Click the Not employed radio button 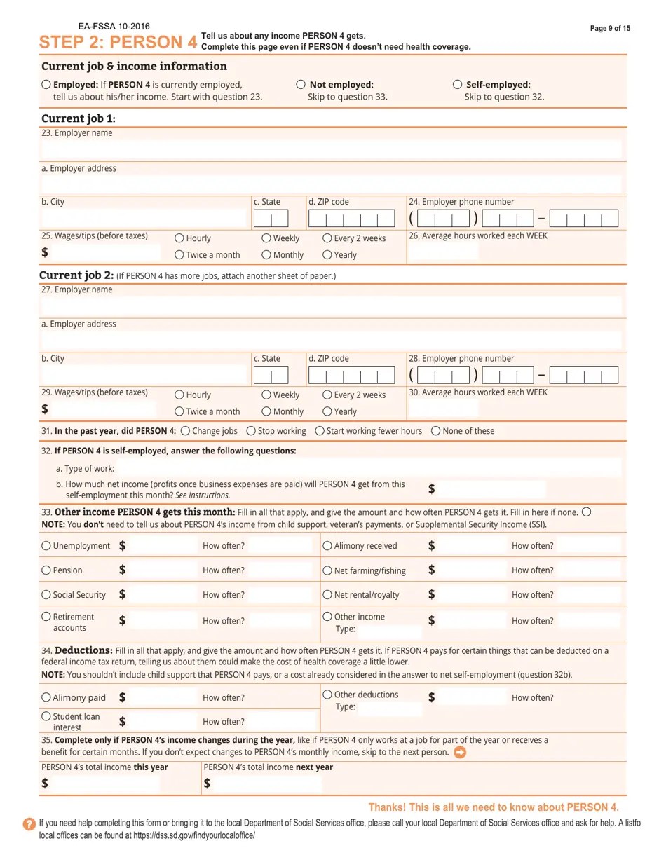(301, 84)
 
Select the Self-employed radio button (457, 84)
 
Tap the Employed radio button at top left (46, 84)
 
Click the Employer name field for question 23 (331, 149)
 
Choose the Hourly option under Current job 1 (179, 238)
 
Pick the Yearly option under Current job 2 (327, 411)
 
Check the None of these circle (436, 430)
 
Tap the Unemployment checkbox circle (46, 546)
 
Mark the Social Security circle (46, 595)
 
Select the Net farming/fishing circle (327, 570)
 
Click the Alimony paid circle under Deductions (46, 697)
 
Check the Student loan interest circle (46, 716)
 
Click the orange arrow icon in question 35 (460, 753)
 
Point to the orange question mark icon (29, 824)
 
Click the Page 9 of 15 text (610, 28)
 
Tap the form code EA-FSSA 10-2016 (114, 27)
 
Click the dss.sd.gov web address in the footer (192, 836)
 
